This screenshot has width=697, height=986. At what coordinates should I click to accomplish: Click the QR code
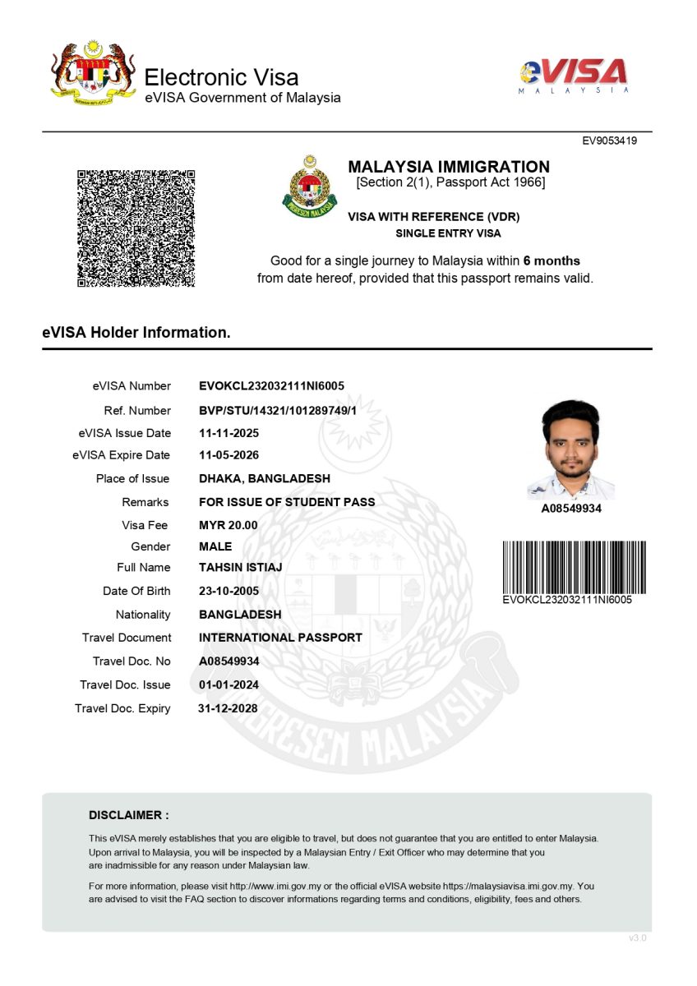136,228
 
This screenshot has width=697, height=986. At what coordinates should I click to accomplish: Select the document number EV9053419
609,141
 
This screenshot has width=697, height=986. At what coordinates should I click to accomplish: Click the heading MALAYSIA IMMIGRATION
449,167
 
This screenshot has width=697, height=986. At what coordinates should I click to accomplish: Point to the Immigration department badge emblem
310,187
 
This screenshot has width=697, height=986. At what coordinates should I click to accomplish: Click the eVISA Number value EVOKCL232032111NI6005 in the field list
271,386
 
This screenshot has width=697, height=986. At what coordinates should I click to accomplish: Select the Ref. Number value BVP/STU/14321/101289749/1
278,411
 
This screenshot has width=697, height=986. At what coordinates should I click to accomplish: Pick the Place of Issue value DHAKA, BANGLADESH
265,479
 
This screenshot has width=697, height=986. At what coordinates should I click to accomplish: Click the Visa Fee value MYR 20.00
228,525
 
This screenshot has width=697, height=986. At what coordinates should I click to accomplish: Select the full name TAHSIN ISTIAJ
240,568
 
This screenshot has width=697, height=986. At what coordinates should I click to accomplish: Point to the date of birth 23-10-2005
228,592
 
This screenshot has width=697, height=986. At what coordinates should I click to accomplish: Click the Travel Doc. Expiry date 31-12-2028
228,709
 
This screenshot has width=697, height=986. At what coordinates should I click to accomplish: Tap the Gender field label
150,546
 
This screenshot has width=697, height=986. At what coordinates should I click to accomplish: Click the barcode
574,567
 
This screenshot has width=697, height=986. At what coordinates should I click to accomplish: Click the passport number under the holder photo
570,509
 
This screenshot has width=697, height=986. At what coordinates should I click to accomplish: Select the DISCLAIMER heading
128,815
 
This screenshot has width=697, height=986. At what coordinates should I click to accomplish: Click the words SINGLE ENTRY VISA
448,233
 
